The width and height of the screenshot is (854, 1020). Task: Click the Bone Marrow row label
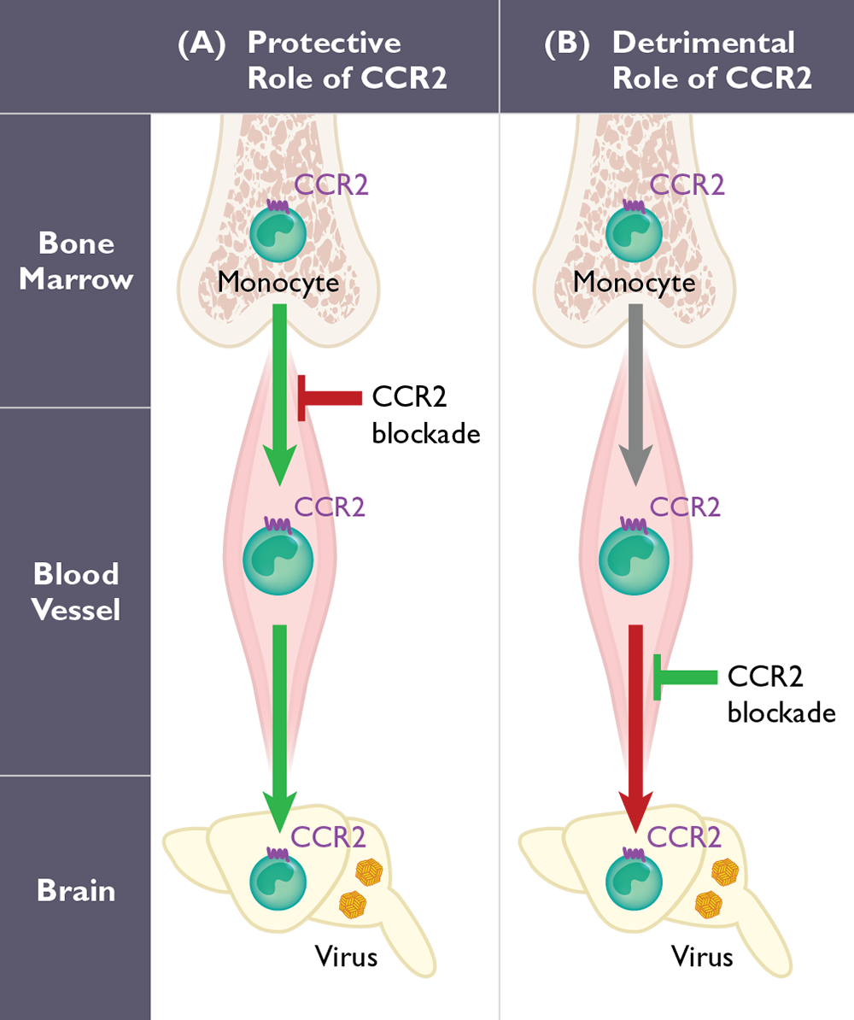pos(76,261)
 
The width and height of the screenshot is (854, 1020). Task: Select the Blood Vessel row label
pos(76,591)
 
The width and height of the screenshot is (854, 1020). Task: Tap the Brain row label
pos(76,890)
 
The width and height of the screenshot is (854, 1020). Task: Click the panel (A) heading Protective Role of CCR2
pos(325,60)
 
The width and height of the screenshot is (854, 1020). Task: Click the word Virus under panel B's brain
pos(702,955)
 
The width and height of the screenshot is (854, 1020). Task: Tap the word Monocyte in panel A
pos(278,281)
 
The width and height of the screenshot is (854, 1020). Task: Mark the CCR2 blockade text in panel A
pos(424,415)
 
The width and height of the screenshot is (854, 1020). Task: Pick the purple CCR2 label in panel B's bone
pos(687,185)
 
